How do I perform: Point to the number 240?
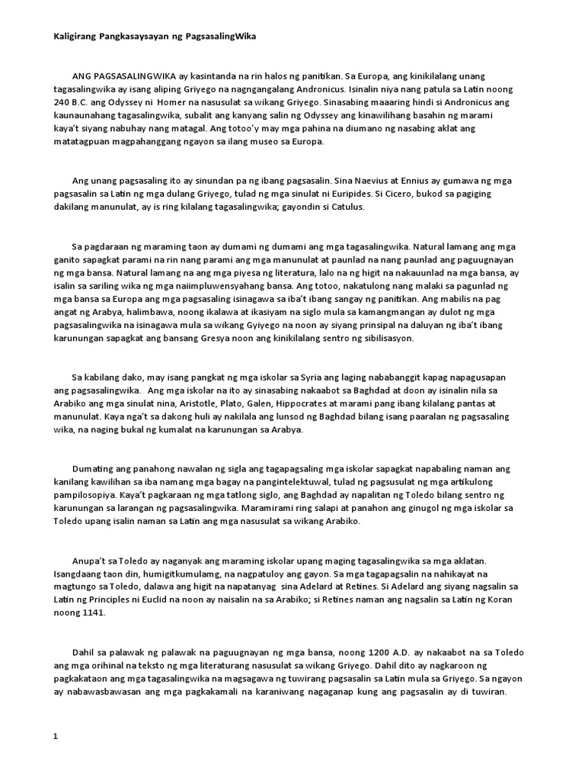[62, 102]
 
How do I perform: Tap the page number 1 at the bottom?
[54, 738]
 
